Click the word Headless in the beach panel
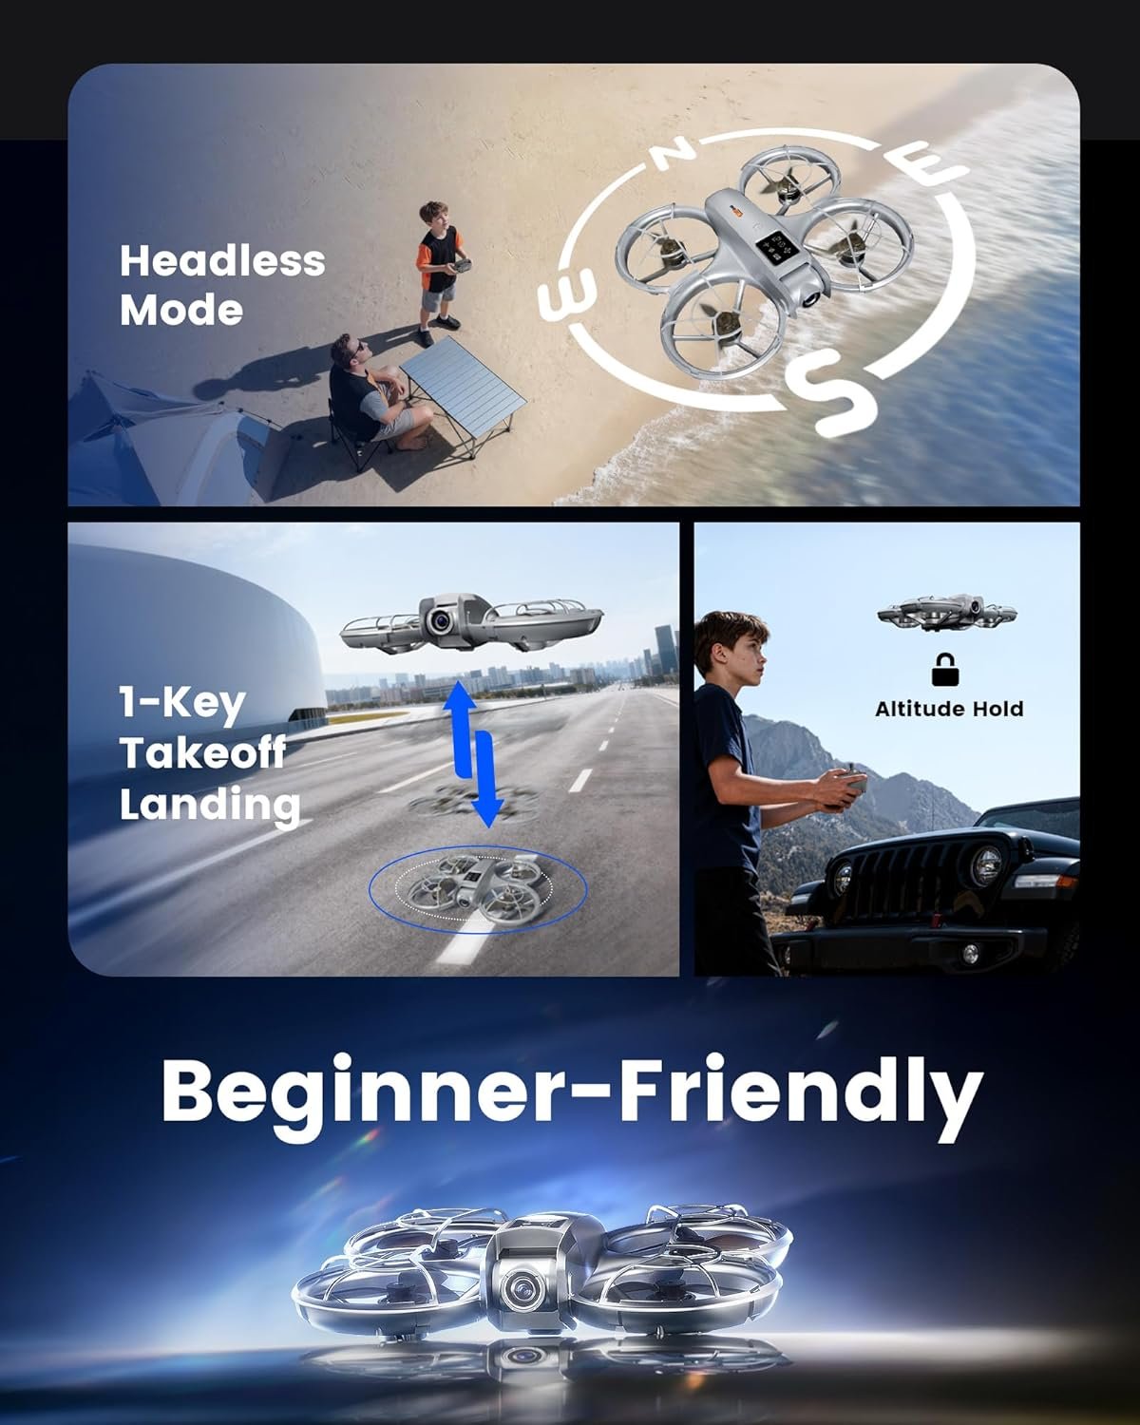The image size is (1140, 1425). click(222, 260)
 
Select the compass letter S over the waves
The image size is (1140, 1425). click(833, 391)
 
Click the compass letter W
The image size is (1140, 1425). click(567, 295)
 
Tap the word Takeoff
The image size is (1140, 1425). click(202, 753)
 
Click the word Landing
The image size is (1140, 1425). click(210, 804)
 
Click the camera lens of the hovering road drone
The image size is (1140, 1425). click(440, 622)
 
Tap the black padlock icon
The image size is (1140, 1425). click(944, 670)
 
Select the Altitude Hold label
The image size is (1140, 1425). click(949, 709)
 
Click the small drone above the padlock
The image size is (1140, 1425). click(946, 613)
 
